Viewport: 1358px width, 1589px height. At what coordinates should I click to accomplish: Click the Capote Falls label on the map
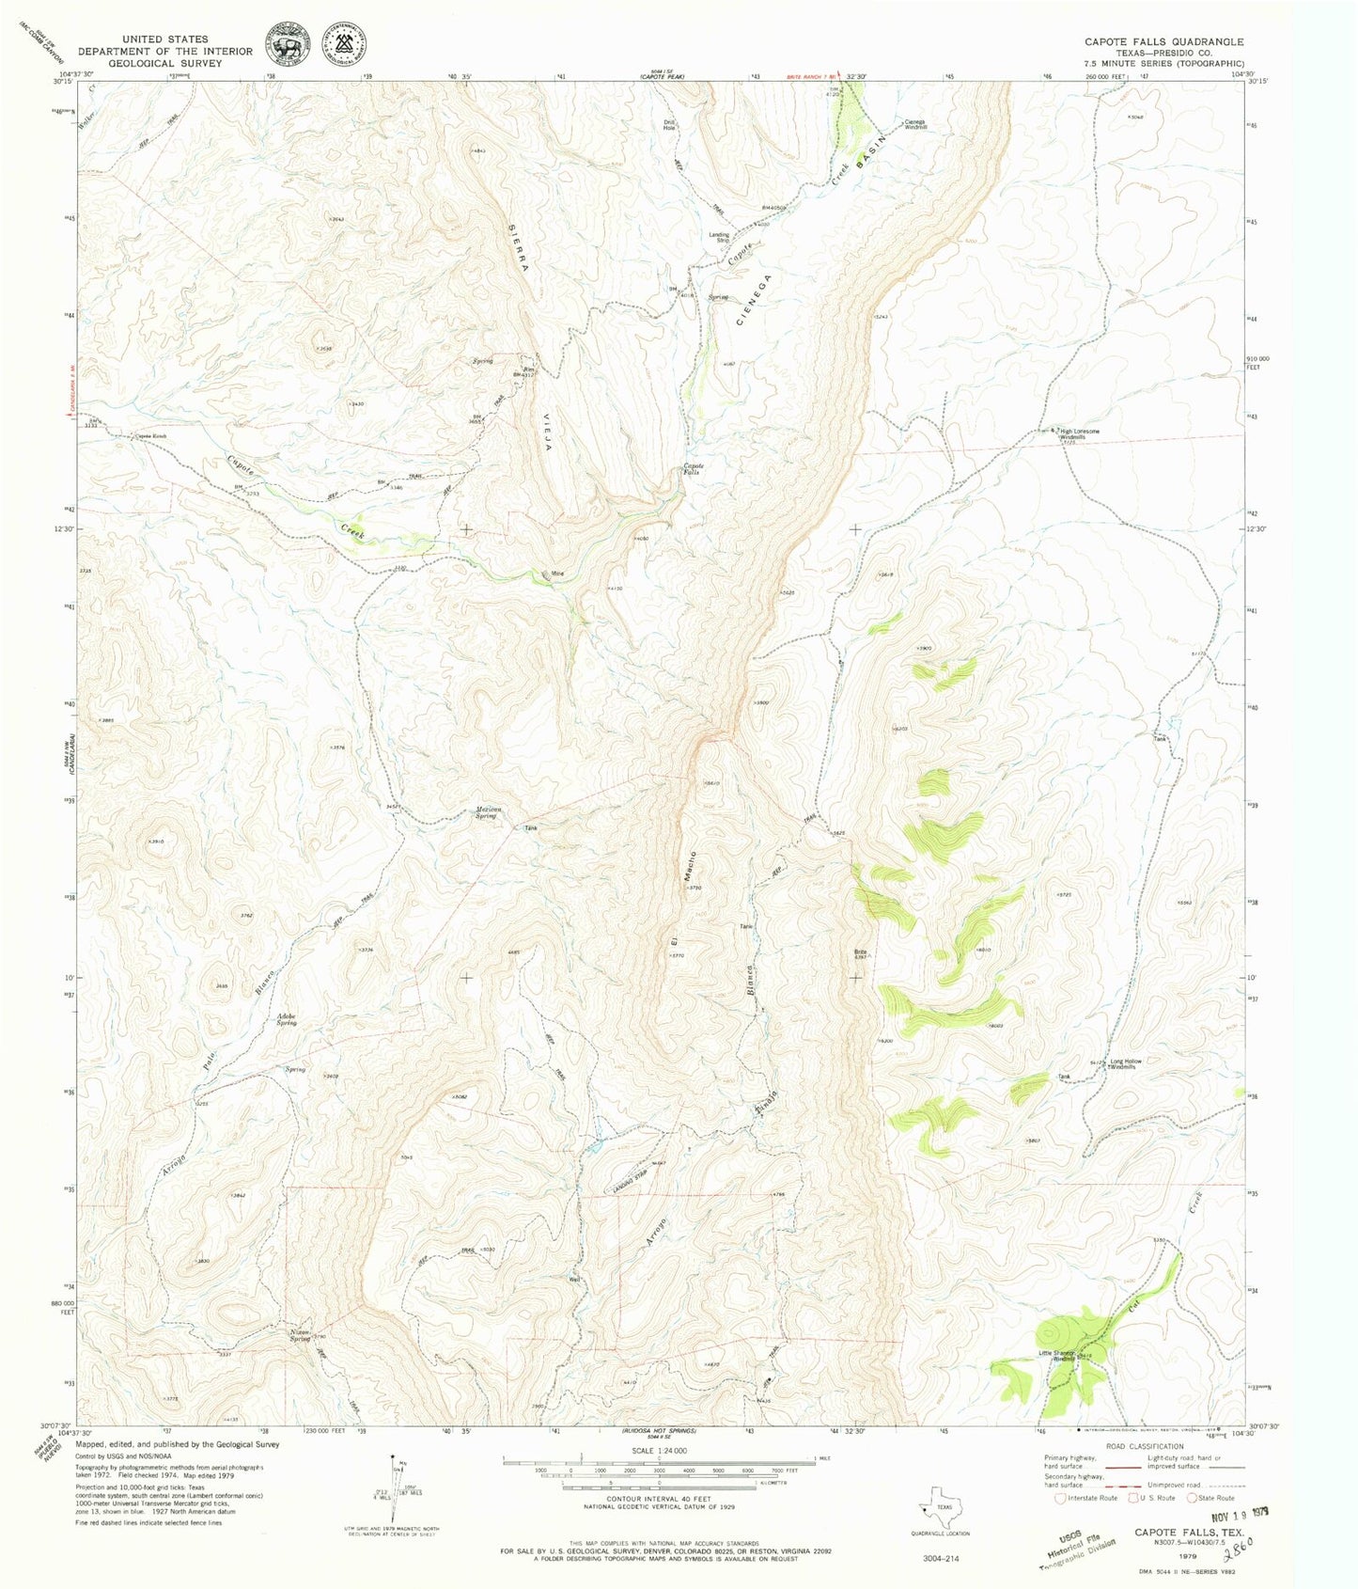coord(694,469)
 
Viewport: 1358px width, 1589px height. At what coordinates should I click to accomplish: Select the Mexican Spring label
coord(485,812)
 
